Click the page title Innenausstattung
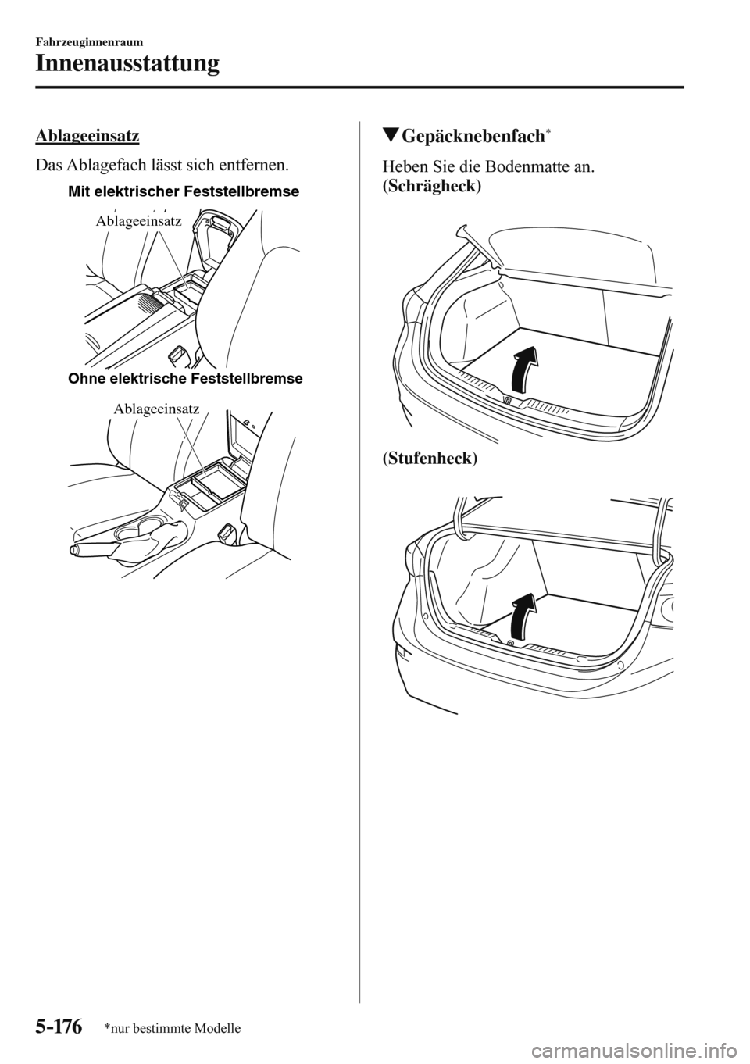[x=127, y=62]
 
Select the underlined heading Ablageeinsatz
[x=87, y=136]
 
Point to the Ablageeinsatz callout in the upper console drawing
[x=138, y=222]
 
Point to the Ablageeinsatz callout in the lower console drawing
[x=156, y=409]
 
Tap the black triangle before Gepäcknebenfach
[x=390, y=137]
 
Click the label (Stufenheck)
[x=430, y=458]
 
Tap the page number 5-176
[x=59, y=1026]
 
